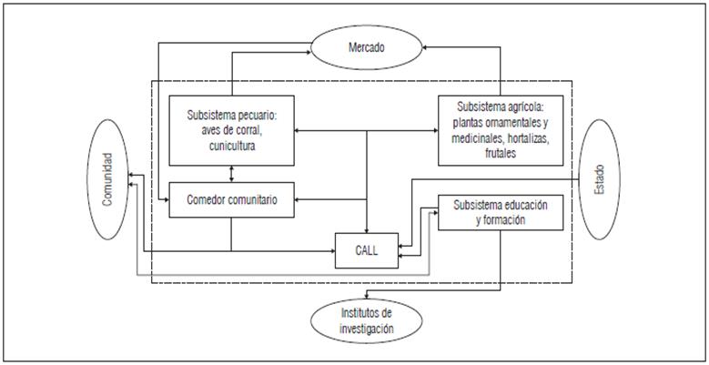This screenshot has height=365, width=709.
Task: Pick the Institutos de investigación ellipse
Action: [x=366, y=318]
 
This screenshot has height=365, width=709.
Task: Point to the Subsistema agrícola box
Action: [x=501, y=129]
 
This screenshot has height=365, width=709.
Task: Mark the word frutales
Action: [x=501, y=156]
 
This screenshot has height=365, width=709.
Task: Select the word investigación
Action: [x=365, y=325]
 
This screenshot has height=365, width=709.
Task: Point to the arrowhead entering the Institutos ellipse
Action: [x=366, y=298]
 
